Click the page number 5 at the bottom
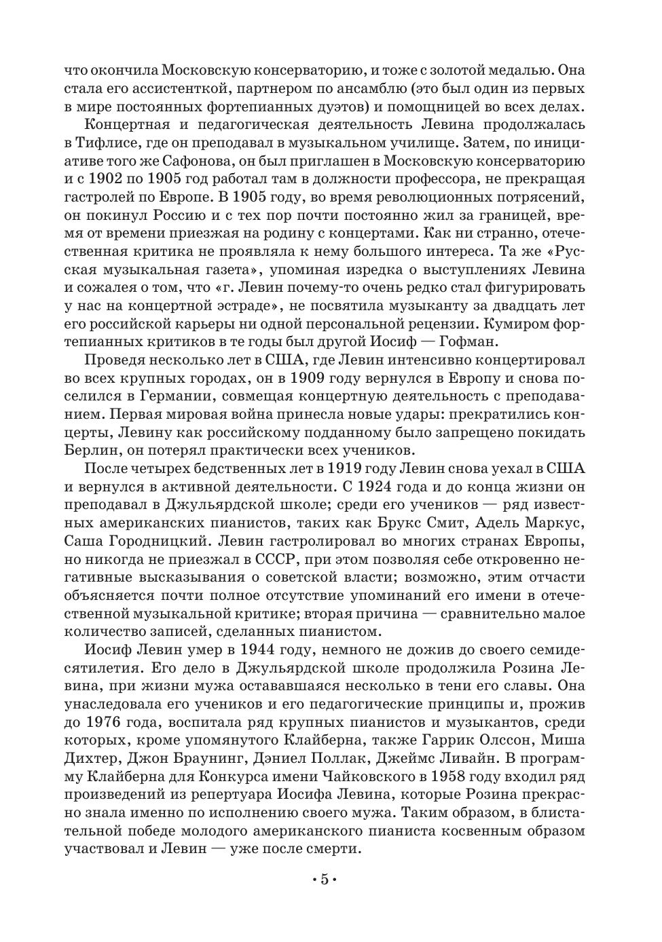(325, 880)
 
